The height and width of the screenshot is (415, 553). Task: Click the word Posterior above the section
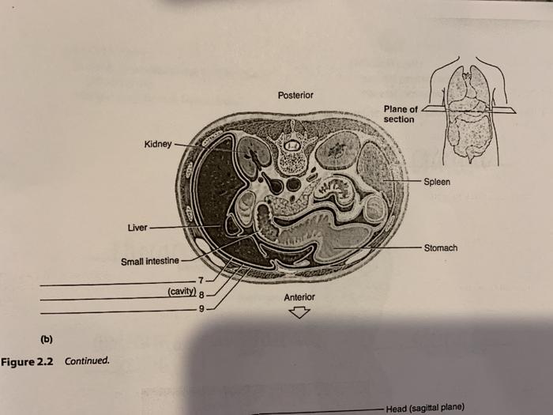296,96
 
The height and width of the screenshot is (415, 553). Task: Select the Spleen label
437,182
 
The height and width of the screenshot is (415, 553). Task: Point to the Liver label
137,228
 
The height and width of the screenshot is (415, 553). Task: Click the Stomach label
441,248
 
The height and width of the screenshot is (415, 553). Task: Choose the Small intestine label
149,262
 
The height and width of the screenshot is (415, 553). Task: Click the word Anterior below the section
299,297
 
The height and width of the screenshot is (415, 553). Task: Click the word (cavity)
181,292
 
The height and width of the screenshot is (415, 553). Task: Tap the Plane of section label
401,114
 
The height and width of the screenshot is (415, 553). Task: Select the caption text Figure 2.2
29,362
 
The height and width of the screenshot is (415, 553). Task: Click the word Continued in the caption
88,362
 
